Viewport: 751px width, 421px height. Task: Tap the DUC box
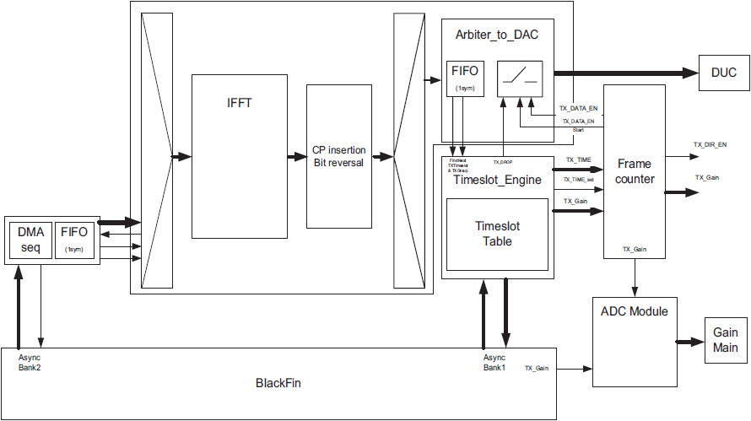722,73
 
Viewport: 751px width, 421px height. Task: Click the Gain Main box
725,341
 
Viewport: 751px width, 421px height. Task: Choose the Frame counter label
635,170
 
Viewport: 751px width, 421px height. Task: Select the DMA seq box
30,239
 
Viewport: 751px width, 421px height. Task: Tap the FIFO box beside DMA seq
75,239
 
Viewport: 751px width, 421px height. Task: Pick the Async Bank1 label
494,362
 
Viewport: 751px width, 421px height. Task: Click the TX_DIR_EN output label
710,144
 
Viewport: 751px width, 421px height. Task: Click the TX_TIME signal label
578,159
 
